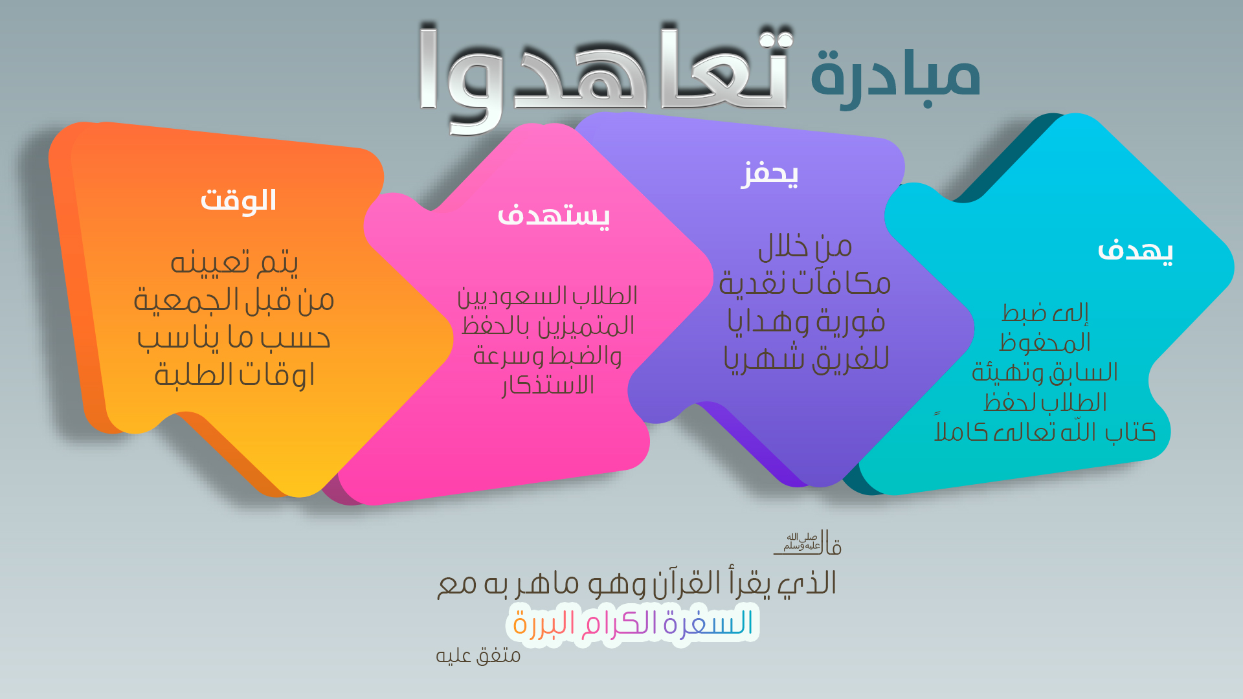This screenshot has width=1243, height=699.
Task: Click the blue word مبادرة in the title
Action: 895,76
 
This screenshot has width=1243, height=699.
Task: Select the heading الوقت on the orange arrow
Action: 238,200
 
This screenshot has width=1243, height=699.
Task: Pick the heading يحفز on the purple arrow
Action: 769,173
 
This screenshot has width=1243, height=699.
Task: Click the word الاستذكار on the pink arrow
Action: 548,386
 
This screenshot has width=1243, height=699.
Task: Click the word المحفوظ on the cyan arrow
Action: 1045,342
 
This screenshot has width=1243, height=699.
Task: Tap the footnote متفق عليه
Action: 478,656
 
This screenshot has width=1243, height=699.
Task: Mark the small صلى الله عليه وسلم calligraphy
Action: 802,542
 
